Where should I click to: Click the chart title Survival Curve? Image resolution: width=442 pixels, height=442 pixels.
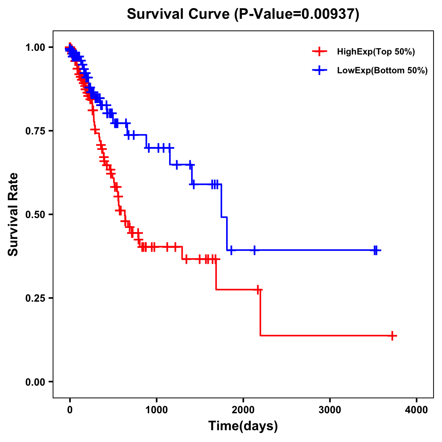click(178, 14)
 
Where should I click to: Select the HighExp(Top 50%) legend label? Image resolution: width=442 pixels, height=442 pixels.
click(376, 52)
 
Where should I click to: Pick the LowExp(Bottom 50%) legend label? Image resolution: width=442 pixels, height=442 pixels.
click(382, 70)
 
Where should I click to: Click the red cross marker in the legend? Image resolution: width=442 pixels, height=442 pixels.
click(319, 52)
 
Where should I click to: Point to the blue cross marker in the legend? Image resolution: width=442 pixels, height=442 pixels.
click(319, 70)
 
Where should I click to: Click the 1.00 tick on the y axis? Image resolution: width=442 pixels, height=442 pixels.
click(35, 48)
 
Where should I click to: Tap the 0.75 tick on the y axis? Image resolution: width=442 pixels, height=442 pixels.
click(35, 131)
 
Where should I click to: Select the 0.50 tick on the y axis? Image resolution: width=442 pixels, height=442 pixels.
click(35, 215)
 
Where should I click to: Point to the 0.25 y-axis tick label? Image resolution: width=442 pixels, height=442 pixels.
click(35, 298)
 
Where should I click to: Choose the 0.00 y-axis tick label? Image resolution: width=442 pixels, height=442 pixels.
click(35, 382)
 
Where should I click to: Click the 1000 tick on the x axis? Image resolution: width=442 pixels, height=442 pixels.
click(157, 410)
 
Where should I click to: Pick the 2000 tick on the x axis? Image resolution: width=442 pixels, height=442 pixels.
click(243, 410)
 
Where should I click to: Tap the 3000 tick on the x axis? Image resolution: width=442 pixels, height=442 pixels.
click(330, 410)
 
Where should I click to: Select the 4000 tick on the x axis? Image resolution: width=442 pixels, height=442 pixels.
click(417, 410)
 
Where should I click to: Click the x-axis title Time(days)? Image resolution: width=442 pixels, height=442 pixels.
click(243, 426)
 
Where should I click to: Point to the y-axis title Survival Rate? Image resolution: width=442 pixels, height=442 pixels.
click(13, 214)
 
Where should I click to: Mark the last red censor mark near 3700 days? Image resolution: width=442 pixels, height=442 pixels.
click(393, 336)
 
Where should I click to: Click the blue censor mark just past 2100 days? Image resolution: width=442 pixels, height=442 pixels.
click(254, 250)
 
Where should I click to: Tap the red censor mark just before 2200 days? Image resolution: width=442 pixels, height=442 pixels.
click(258, 290)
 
